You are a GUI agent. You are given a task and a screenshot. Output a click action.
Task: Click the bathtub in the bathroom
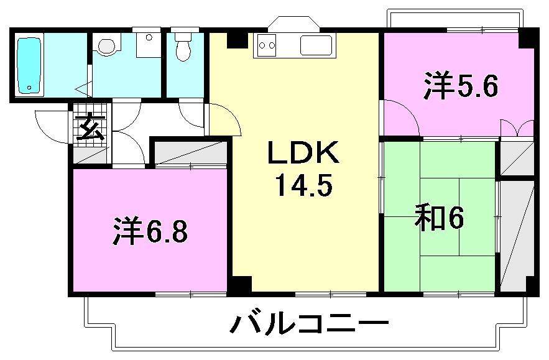click(29, 65)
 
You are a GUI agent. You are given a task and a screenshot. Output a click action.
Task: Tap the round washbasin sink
click(108, 45)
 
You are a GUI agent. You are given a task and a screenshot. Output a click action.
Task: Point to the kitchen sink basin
click(317, 45)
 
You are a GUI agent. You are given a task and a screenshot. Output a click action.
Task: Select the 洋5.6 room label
click(461, 86)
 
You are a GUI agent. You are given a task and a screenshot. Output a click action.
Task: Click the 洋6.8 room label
click(151, 231)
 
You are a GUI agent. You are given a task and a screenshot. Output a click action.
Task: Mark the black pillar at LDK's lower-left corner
click(241, 285)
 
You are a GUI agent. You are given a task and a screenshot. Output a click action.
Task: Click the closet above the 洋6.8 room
click(189, 153)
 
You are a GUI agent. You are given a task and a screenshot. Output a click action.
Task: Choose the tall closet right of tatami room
click(517, 236)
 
